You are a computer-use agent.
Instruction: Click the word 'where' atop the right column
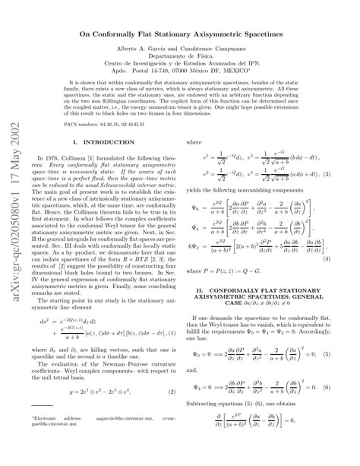click(194, 141)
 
